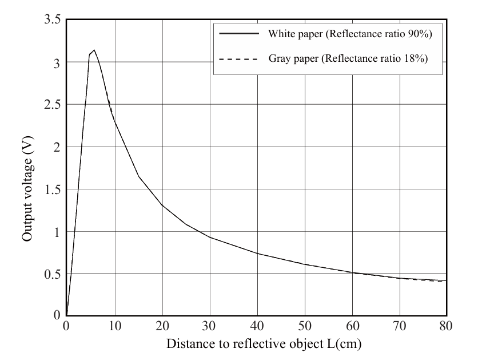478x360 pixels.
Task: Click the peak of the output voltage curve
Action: pos(94,50)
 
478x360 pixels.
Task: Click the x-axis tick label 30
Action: pos(209,326)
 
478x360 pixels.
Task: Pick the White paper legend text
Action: pos(349,34)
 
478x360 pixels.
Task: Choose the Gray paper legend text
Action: pos(348,58)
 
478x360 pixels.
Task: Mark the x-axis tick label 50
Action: pos(305,326)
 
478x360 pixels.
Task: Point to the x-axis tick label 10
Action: pos(114,326)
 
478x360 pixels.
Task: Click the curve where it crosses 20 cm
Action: pos(162,205)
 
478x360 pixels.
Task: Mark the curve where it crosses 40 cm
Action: pos(257,253)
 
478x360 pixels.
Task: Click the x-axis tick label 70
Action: pos(400,326)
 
